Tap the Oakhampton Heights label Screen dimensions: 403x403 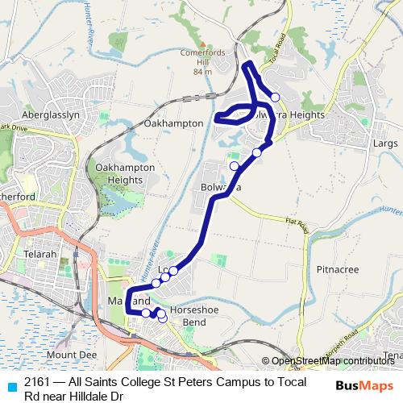[x=118, y=173]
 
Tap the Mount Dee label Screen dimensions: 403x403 [x=71, y=354]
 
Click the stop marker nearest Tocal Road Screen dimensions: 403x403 [x=275, y=97]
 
